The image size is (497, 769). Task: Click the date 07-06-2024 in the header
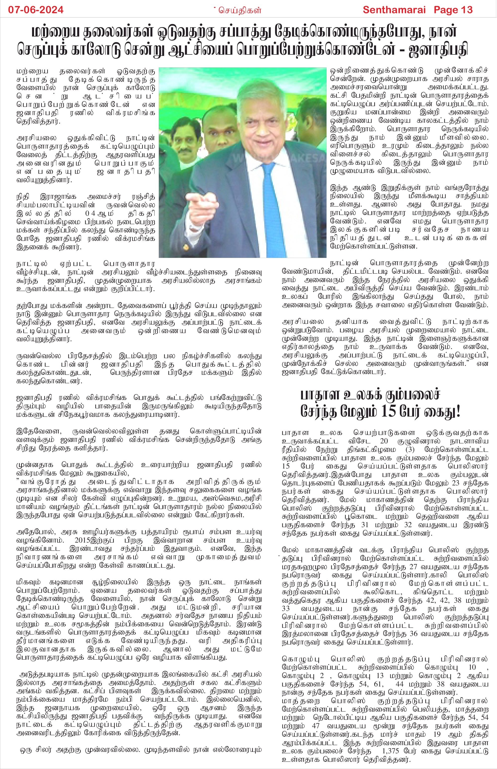click(36, 10)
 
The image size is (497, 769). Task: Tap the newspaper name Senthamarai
click(394, 10)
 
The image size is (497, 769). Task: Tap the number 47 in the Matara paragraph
click(315, 726)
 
